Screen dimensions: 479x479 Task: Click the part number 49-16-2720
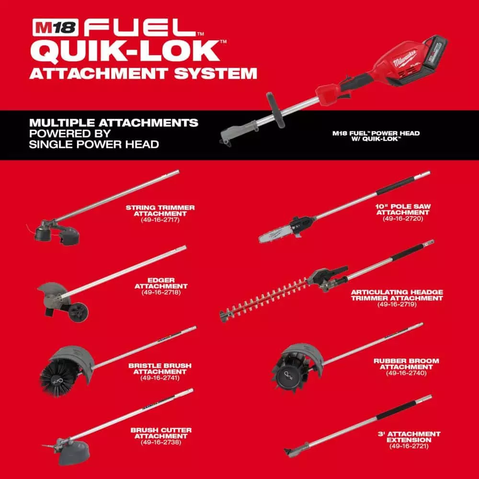[x=403, y=218]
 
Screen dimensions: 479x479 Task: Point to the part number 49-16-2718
[x=160, y=292]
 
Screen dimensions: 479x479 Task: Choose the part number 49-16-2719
[x=397, y=304]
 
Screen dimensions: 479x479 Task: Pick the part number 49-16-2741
[x=160, y=378]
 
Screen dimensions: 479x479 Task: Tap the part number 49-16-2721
[x=408, y=446]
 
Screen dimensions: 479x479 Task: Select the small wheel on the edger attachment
[x=78, y=312]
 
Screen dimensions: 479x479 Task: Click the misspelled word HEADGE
[x=427, y=292]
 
